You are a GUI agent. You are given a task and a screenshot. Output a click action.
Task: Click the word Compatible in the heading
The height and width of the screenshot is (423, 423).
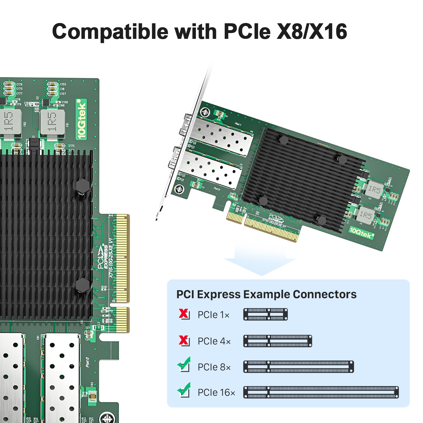[x=110, y=32]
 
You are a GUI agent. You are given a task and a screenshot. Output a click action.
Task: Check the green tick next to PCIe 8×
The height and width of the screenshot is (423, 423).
[x=184, y=364]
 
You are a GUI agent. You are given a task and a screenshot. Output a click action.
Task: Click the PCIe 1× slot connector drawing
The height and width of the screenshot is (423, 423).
[x=265, y=314]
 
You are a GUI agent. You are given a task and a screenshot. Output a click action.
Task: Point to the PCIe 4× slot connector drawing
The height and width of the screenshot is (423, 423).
[x=278, y=341]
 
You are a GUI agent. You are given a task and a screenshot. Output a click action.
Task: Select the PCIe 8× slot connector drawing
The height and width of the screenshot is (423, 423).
[x=298, y=367]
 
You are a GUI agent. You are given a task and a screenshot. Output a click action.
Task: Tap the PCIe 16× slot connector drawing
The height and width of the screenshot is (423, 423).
[x=321, y=392]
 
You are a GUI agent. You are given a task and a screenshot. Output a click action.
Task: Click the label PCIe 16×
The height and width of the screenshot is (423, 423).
[x=216, y=393]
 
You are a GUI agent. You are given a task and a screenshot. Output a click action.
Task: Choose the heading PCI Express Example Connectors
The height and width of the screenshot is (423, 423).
[x=266, y=294]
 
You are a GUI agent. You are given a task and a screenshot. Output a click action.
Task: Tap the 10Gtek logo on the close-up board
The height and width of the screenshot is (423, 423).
[x=81, y=119]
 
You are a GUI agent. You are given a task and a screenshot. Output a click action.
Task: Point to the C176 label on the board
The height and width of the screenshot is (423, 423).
[x=20, y=84]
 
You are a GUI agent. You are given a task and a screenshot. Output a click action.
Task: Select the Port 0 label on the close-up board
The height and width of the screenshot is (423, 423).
[x=88, y=362]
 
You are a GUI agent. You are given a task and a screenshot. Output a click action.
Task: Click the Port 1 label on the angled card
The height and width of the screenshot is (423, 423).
[x=238, y=124]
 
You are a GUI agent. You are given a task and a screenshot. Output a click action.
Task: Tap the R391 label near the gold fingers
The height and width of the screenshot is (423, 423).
[x=104, y=287]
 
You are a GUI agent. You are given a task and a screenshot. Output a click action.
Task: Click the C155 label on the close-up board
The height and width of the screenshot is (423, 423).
[x=63, y=84]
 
